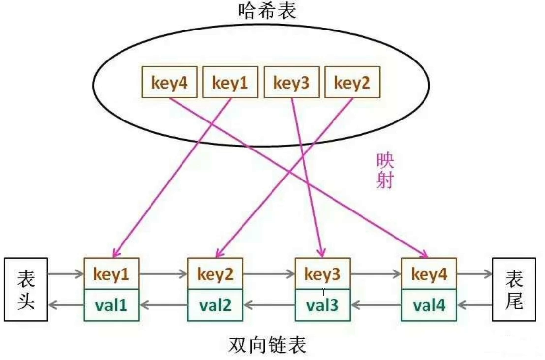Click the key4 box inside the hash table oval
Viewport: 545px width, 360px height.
coord(169,82)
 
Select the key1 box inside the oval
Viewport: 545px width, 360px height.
coord(231,82)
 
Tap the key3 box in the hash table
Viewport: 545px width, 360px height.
coord(292,82)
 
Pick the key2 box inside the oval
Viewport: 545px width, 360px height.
coord(352,82)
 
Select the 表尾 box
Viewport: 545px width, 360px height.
coord(514,289)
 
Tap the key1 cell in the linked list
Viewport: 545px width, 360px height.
coord(112,274)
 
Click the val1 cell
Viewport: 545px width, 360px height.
coord(112,305)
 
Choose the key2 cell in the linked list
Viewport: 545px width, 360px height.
coord(216,274)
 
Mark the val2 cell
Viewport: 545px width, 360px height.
coord(216,305)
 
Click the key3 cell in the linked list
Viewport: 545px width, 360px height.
coord(323,274)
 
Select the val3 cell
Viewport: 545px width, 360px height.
coord(323,305)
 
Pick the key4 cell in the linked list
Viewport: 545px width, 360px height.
coord(429,274)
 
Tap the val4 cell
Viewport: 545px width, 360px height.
coord(429,305)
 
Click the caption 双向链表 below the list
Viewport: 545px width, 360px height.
coord(268,345)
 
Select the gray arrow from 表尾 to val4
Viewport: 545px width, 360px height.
coord(475,305)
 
